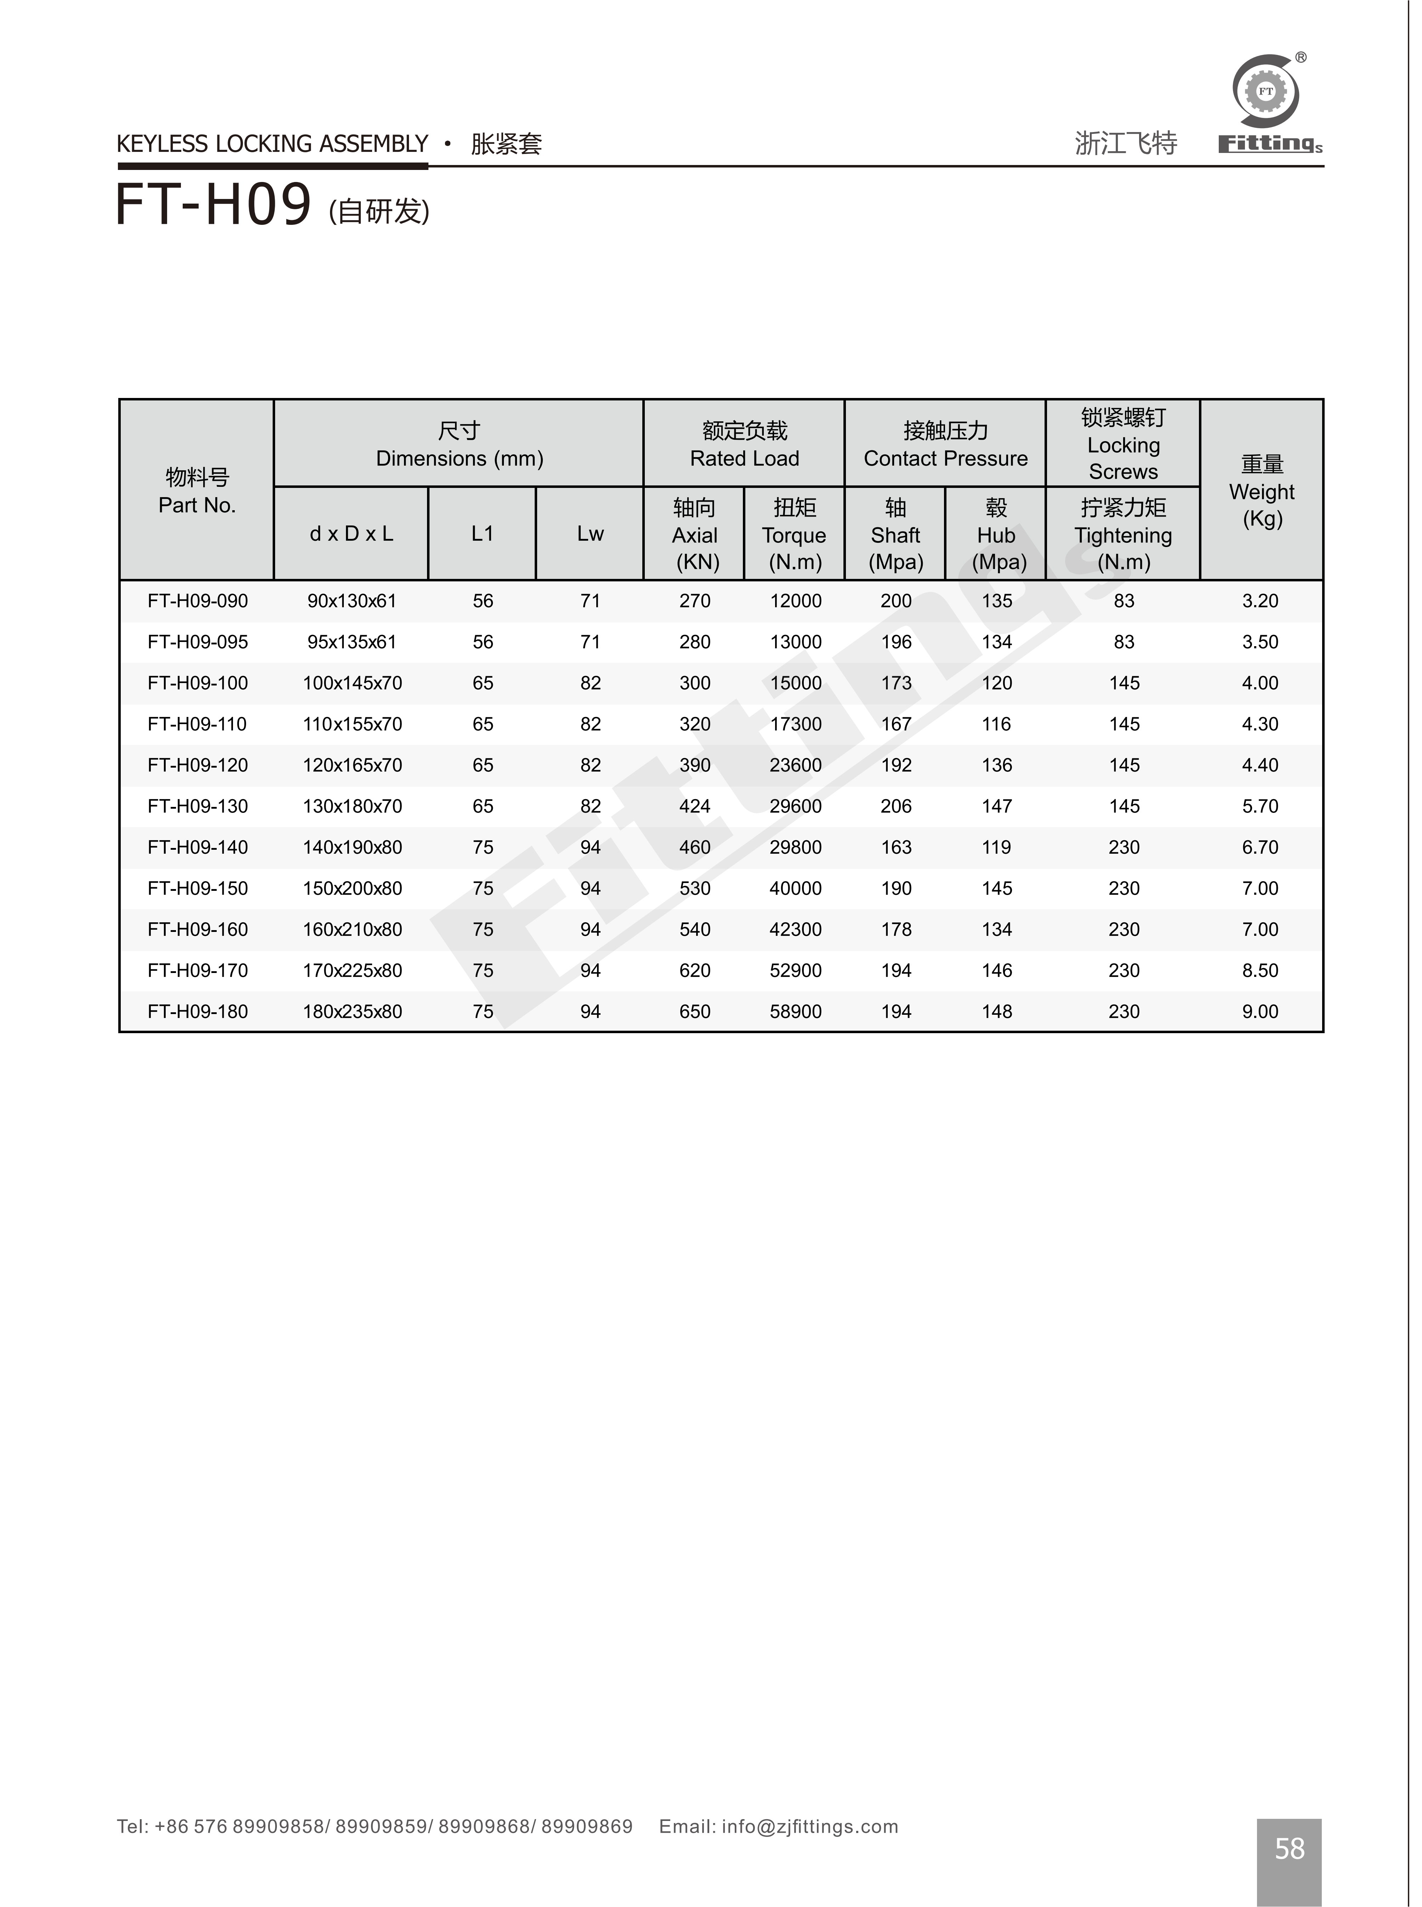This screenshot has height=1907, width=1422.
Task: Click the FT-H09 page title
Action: (x=214, y=206)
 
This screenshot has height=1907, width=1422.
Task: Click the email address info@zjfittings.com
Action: (x=809, y=1826)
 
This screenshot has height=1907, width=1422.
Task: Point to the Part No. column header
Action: (x=197, y=490)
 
